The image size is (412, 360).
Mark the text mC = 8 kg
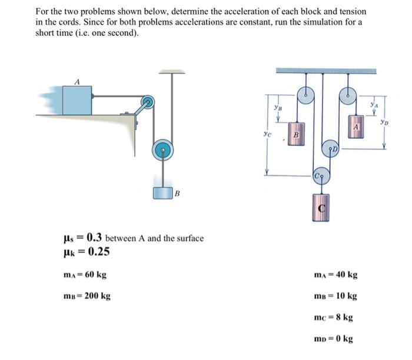click(x=334, y=317)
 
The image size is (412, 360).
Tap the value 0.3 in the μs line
click(x=94, y=238)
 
